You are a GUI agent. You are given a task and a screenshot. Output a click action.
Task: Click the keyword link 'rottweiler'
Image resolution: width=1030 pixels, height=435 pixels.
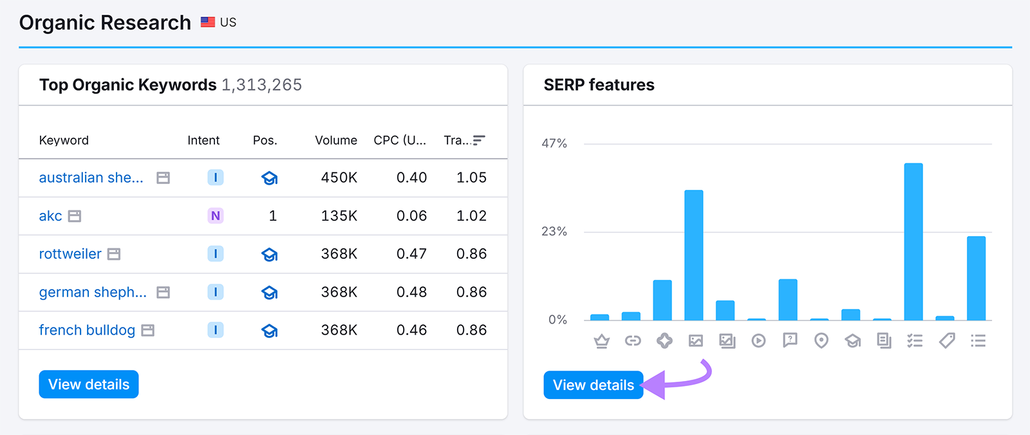tap(70, 254)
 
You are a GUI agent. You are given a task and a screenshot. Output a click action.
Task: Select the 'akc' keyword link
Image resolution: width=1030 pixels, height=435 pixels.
tap(50, 216)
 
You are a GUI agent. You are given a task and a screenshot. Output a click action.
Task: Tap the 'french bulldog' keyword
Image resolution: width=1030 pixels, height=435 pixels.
tap(87, 330)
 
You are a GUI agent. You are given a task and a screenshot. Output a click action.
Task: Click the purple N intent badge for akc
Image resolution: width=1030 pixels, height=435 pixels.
tap(216, 216)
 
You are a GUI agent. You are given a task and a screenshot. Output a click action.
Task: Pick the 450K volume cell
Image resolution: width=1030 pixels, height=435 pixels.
tap(339, 178)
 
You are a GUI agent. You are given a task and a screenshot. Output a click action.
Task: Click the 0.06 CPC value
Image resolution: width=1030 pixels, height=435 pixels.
tap(411, 216)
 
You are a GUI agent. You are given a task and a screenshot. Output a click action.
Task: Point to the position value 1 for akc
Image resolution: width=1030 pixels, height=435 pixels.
tap(272, 216)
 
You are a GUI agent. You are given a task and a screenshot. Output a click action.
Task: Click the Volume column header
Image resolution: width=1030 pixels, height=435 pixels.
tap(335, 140)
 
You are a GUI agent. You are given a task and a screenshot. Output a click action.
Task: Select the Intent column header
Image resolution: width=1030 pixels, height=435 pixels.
tap(203, 140)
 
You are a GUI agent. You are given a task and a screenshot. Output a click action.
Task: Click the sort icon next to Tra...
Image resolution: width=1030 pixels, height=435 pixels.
tap(478, 140)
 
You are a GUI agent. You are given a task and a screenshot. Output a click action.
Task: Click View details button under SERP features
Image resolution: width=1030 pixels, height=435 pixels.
tap(593, 385)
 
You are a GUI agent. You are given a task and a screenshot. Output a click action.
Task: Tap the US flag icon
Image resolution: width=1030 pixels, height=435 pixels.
tap(208, 23)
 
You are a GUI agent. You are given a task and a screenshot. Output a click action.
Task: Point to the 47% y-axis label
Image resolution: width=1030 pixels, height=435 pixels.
tap(554, 143)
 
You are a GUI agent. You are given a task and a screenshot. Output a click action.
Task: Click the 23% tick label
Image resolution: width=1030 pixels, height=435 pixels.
tap(554, 232)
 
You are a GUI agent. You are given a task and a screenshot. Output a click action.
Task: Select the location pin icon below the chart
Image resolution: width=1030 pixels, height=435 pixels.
tap(821, 340)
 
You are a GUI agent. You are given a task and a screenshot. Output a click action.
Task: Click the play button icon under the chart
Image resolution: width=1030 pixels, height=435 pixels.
tap(758, 340)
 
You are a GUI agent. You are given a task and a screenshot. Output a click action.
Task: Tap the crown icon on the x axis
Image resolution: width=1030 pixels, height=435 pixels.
tap(601, 340)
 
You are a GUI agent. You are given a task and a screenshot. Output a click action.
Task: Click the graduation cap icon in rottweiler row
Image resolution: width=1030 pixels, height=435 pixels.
tap(270, 254)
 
